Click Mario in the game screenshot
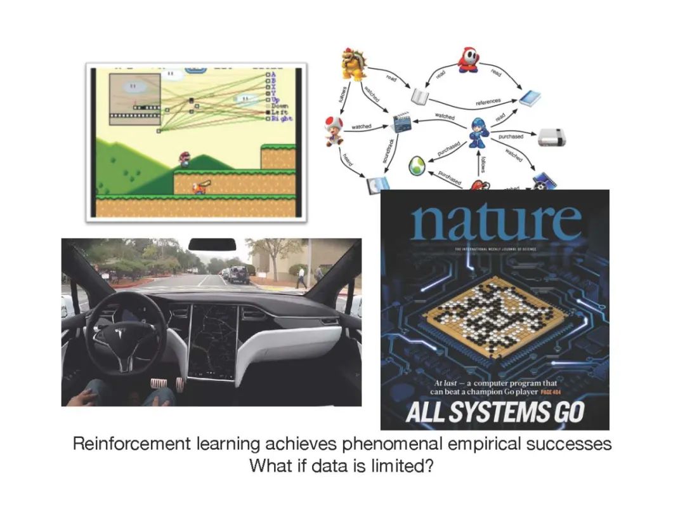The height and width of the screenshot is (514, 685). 184,159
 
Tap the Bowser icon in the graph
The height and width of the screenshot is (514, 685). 353,63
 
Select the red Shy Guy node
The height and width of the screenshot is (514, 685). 469,60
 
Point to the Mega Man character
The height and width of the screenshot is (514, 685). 478,132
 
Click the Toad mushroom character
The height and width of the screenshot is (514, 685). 334,130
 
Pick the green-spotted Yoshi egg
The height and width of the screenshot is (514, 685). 416,165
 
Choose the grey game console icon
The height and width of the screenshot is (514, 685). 550,136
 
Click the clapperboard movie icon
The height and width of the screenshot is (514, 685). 401,122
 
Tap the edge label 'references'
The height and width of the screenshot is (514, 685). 488,101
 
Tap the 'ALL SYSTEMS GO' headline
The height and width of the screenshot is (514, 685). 495,412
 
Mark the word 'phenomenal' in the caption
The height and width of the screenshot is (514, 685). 399,444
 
